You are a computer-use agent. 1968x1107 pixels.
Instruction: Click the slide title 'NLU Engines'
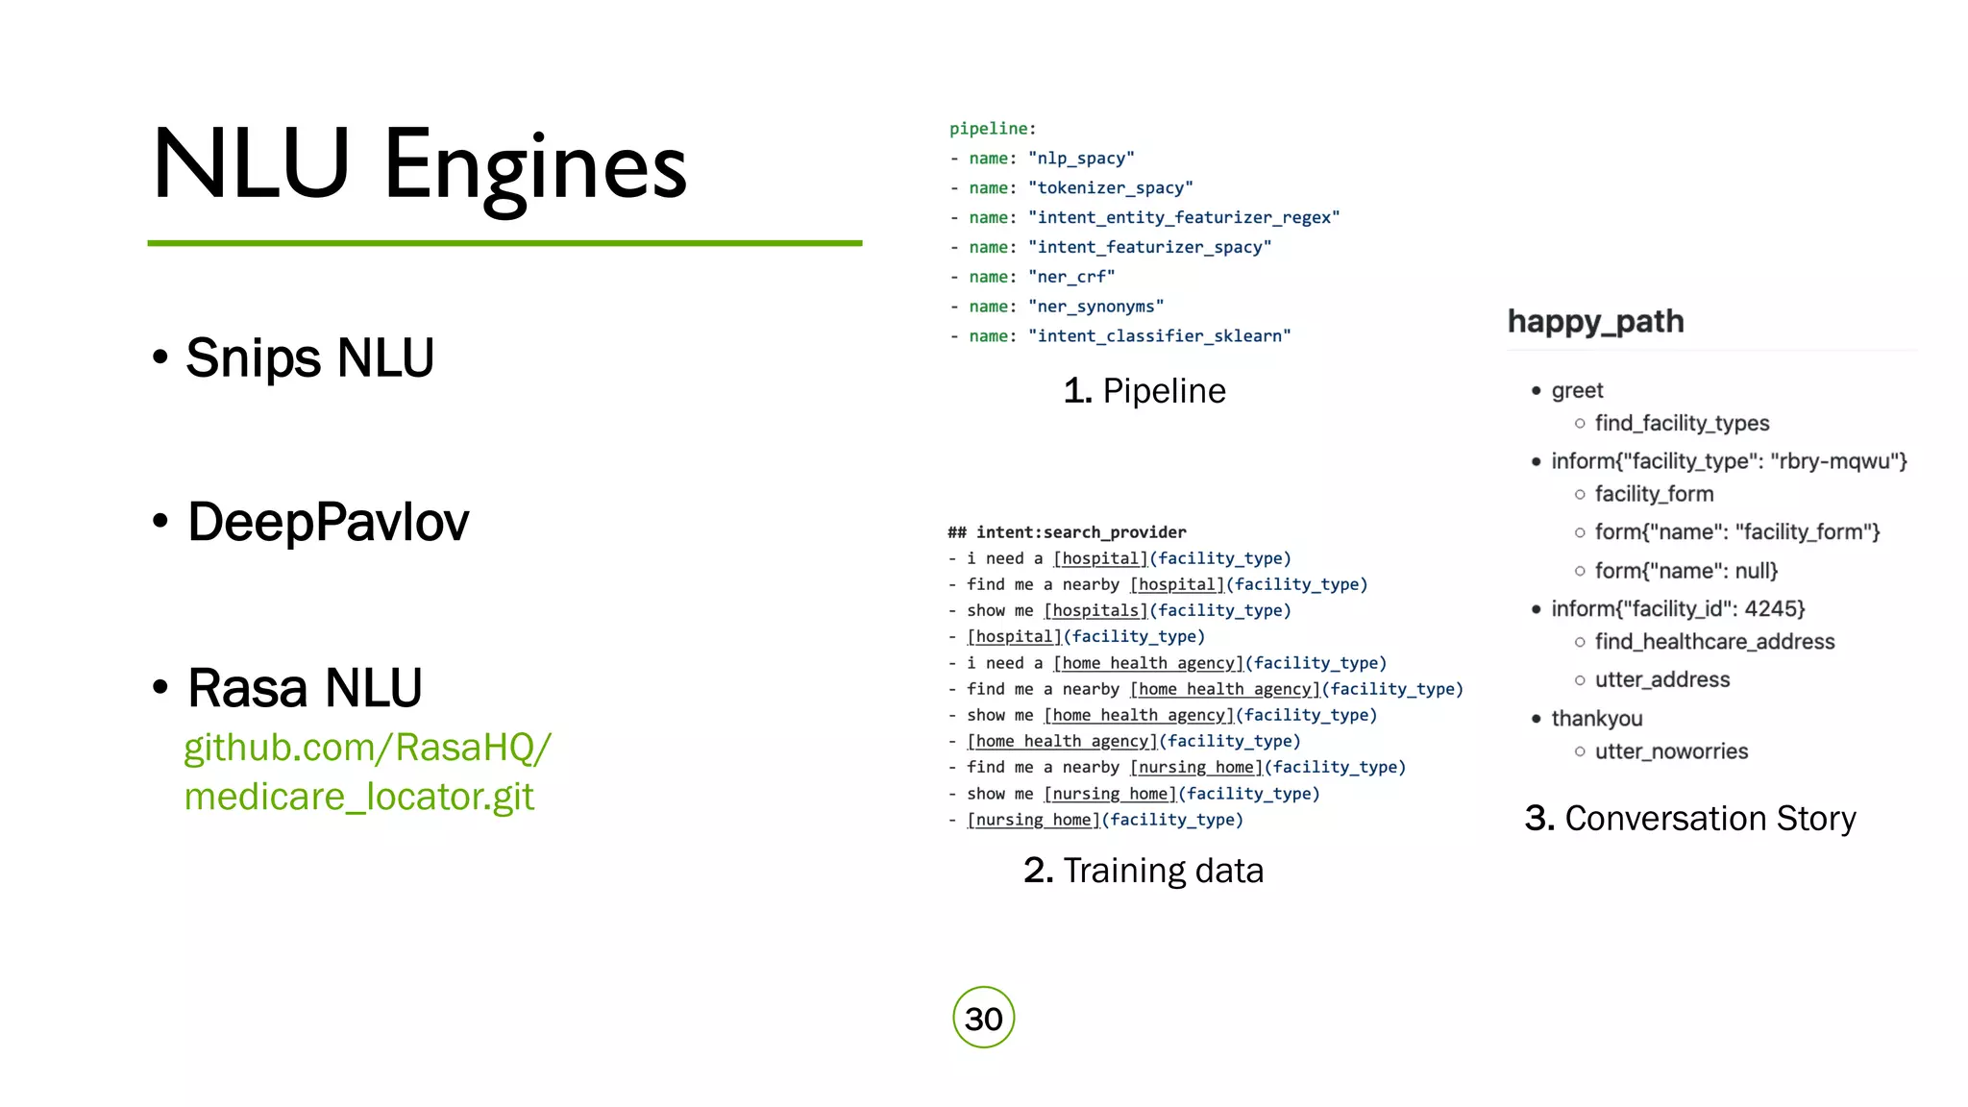coord(420,165)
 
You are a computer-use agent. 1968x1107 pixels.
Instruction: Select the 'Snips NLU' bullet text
coord(309,357)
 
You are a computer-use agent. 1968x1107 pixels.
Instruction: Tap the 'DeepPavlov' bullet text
coord(328,522)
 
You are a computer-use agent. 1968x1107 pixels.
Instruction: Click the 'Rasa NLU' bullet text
coord(305,688)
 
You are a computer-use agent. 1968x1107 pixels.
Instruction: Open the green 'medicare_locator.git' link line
coord(358,797)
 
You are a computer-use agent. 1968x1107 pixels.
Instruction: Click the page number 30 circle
coord(983,1018)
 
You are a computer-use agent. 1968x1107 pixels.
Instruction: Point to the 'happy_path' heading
coord(1595,321)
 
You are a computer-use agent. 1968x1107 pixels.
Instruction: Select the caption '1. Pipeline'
coord(1144,391)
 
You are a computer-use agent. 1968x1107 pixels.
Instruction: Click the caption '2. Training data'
coord(1144,871)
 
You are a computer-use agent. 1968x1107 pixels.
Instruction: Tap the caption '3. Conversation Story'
coord(1690,819)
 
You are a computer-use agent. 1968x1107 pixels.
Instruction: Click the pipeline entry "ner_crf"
coord(1071,277)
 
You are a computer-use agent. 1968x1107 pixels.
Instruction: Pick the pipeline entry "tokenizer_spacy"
coord(1110,188)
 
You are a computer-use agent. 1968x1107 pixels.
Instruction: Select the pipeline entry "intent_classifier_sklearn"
coord(1159,336)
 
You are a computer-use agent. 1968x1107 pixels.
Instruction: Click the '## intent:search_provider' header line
coord(1067,532)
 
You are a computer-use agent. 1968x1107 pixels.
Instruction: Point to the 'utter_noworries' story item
coord(1671,751)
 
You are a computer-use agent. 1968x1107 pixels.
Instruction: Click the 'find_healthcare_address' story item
coord(1714,642)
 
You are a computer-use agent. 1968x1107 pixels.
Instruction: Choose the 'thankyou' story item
coord(1596,719)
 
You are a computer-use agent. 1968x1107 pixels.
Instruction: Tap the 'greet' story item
coord(1577,390)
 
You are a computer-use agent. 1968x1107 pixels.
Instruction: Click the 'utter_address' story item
coord(1661,680)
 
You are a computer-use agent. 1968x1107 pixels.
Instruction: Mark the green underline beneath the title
coord(504,243)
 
